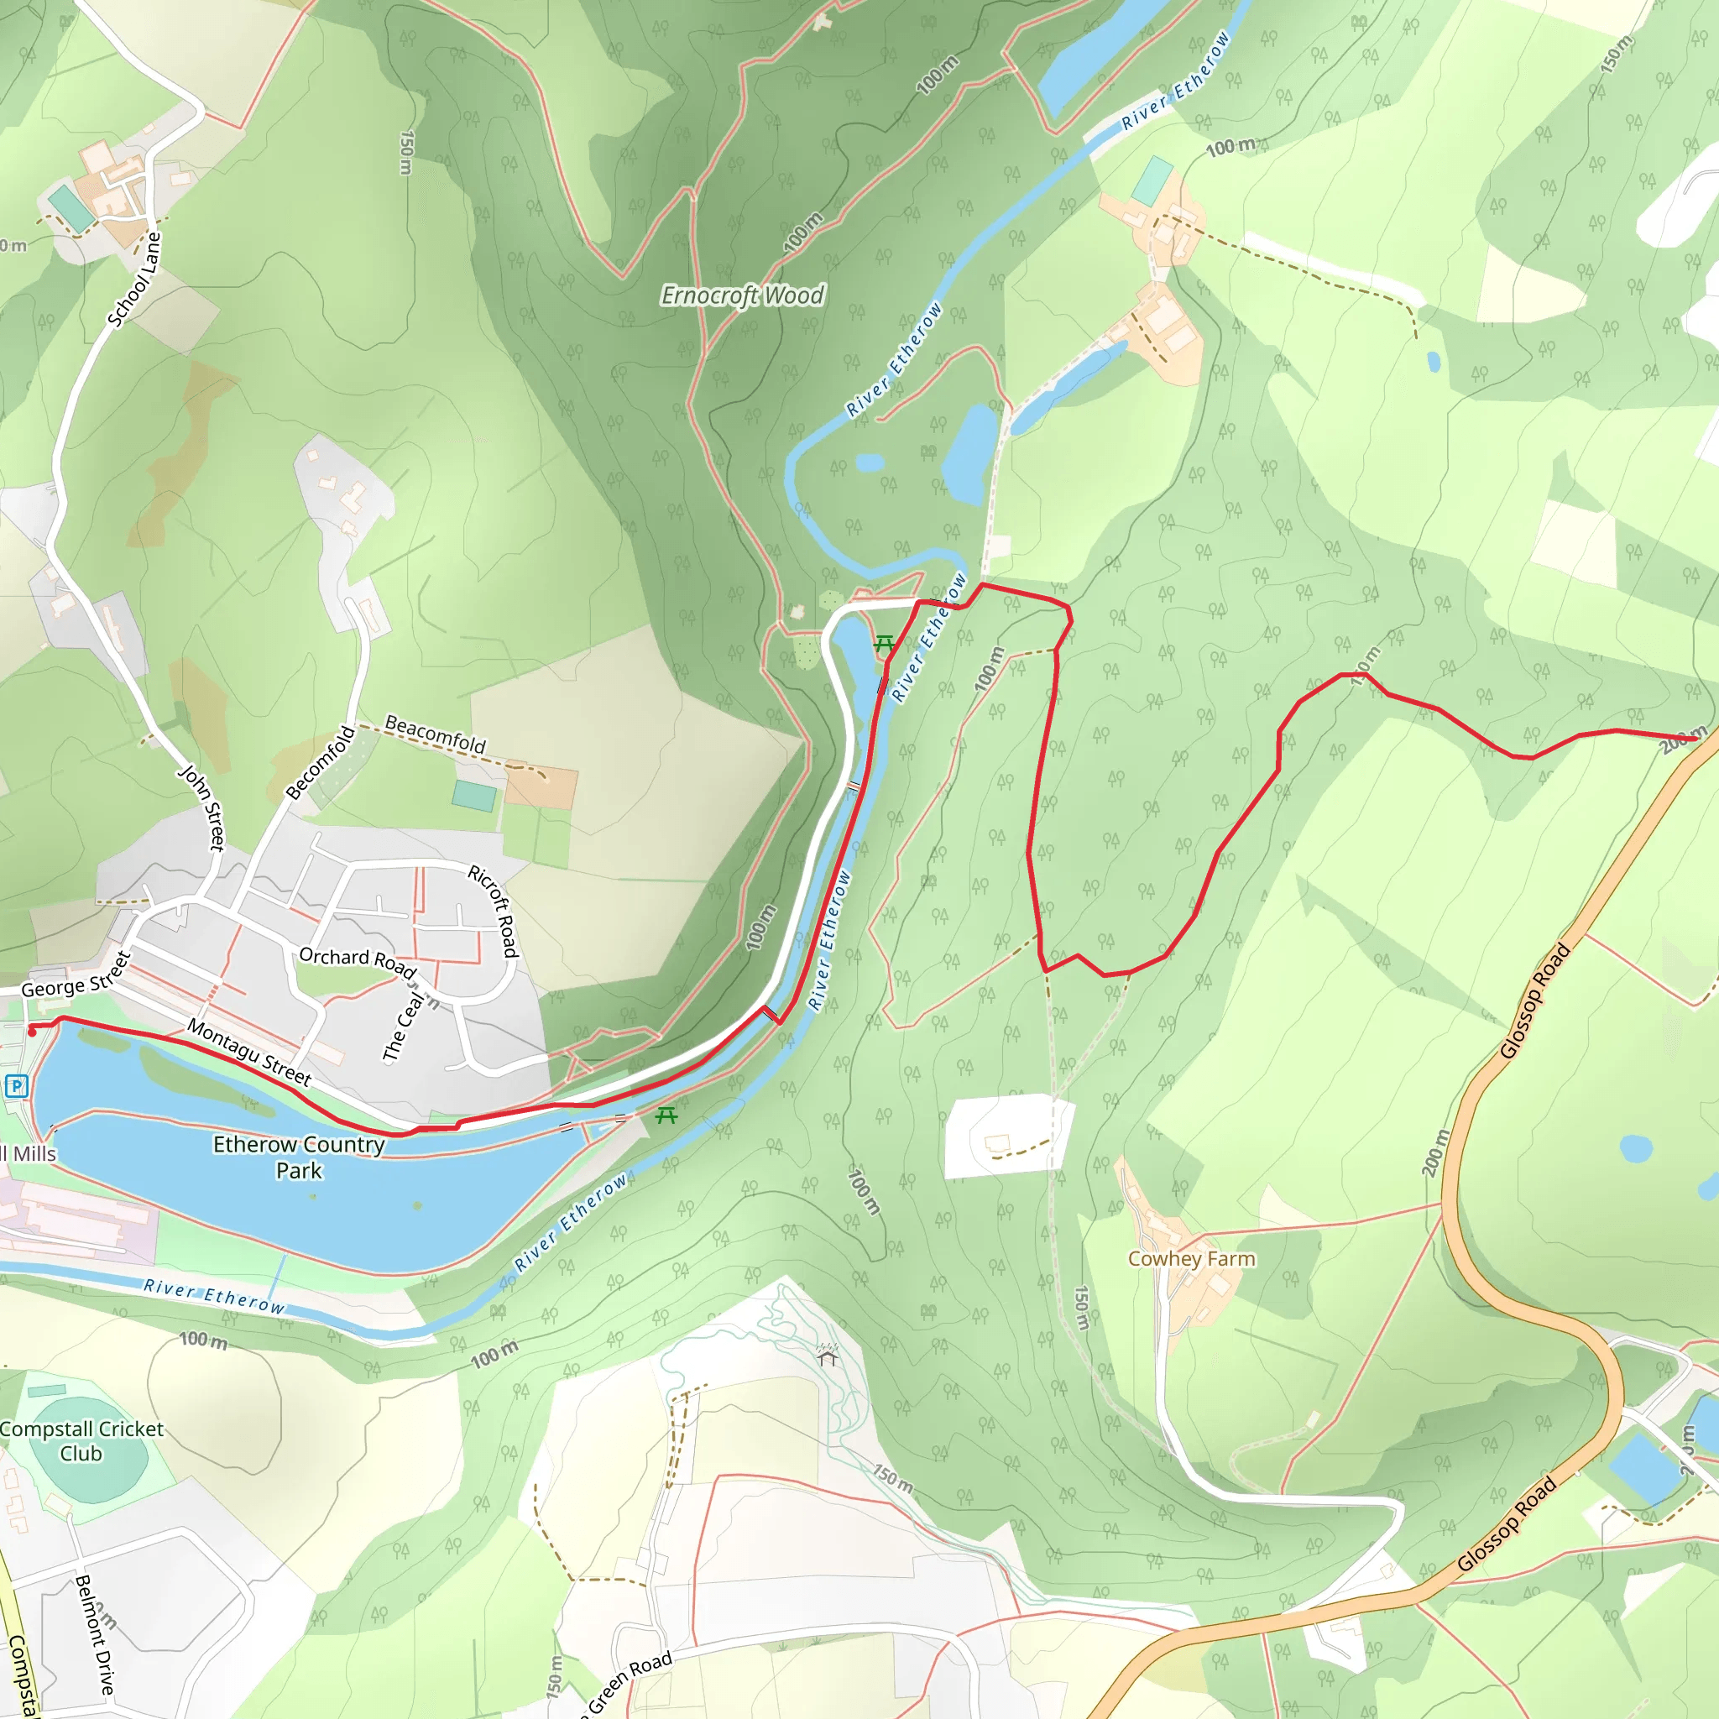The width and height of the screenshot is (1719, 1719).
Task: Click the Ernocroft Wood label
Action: coord(742,295)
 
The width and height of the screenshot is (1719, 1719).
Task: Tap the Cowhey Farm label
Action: coord(1191,1259)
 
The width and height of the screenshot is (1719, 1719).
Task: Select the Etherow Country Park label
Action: coord(299,1157)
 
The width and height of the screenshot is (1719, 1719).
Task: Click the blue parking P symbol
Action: coord(17,1085)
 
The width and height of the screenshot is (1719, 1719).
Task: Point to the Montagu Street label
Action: coord(249,1053)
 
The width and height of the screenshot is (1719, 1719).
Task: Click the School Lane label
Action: coord(134,280)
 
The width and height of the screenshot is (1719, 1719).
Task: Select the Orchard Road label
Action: coord(357,961)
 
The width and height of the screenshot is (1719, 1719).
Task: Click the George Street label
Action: coord(76,975)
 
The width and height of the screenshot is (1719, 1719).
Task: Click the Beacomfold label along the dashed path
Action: coord(435,734)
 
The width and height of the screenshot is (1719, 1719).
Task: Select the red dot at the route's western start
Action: coord(32,1033)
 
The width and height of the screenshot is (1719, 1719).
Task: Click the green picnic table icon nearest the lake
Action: coord(666,1116)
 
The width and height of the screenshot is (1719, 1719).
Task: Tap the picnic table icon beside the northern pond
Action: coord(884,642)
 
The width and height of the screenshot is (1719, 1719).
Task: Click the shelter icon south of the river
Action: coord(828,1354)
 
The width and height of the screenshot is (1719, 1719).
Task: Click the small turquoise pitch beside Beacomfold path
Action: coord(474,796)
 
